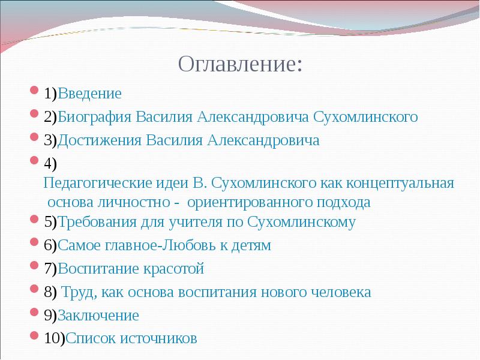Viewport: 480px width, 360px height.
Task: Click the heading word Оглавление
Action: coord(240,63)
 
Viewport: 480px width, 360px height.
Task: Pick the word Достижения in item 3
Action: coord(96,140)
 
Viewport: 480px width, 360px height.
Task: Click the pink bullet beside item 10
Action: coord(34,337)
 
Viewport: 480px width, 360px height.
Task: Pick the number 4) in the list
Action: coord(50,164)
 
